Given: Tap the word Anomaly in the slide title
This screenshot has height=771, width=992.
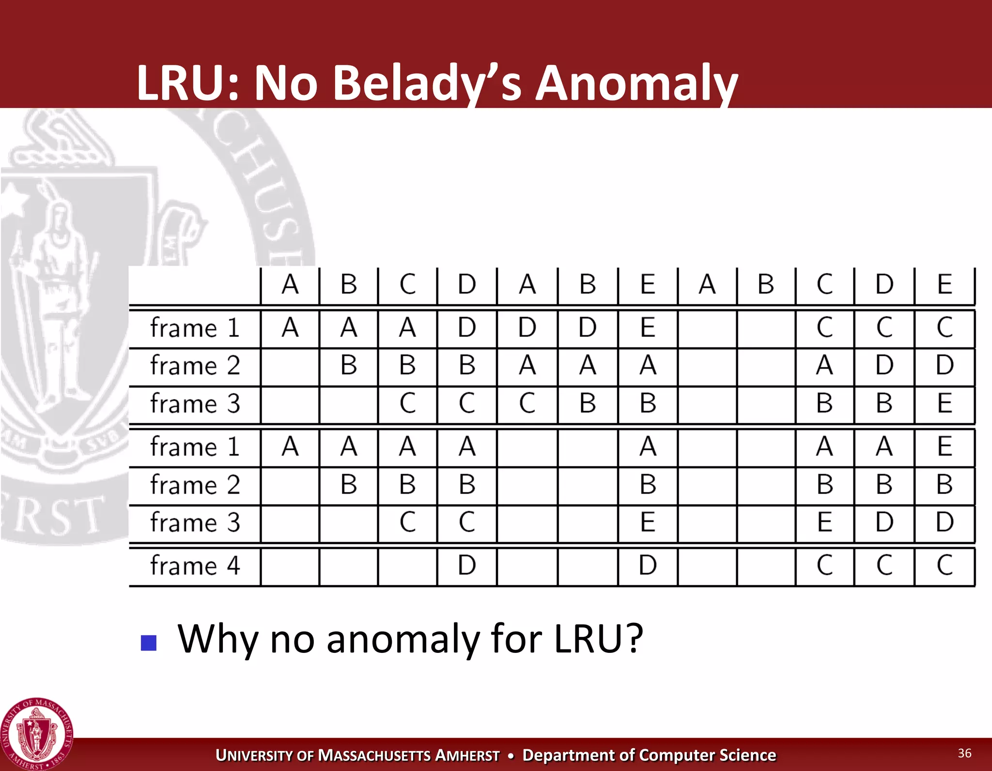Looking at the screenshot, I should pos(636,83).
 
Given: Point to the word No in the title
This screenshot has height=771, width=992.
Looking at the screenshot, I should pos(285,83).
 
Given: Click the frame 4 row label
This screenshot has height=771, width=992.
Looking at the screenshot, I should pos(195,565).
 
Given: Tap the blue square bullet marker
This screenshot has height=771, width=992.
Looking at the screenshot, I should pos(149,643).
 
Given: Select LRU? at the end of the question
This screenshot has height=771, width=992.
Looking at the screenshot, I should pos(599,639).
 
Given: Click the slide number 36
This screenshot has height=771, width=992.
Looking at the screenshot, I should pos(964,753).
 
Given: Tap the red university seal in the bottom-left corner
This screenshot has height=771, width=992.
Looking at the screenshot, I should pos(37,735).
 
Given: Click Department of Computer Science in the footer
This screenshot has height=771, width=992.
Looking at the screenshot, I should pos(649,755).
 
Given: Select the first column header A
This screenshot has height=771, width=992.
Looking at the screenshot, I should pos(290,284).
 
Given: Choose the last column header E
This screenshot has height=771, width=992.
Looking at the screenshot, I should pos(945,284).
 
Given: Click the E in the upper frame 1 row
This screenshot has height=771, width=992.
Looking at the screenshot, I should pos(648,328).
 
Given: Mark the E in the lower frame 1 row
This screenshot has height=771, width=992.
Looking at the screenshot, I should pos(945,446).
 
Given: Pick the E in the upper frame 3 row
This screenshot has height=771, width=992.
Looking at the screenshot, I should pos(945,403).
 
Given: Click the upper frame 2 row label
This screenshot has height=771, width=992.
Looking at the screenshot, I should pos(195,365).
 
